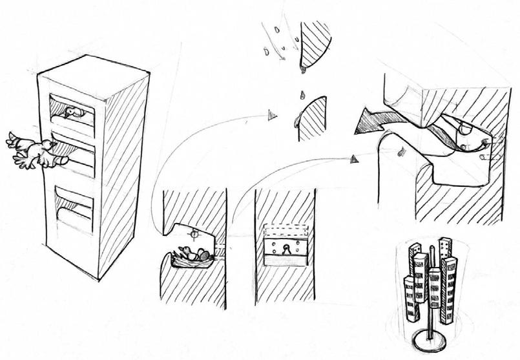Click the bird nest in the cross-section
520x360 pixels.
[x=192, y=257]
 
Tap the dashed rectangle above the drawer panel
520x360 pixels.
[x=285, y=231]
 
